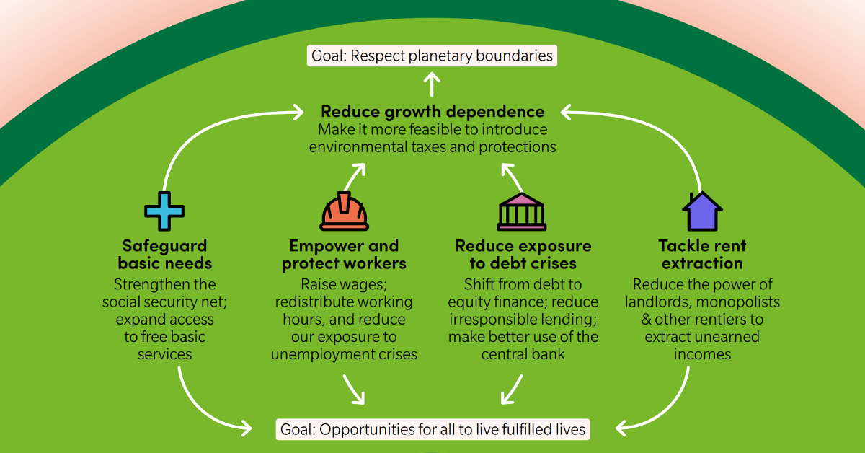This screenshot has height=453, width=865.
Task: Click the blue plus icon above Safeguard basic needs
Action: coord(164,211)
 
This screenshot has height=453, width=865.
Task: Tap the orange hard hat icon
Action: coord(344,211)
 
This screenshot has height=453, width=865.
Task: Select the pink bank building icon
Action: coord(521,211)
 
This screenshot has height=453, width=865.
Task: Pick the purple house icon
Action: coord(702,211)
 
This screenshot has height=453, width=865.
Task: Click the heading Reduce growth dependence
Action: coord(432,112)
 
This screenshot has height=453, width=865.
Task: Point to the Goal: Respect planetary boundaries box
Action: coord(432,55)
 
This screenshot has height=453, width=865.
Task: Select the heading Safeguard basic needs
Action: coord(165,254)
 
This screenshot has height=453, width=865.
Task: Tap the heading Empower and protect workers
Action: coord(344,254)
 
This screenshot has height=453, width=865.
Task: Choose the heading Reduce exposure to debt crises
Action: coord(523,254)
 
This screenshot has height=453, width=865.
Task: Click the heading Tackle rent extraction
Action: coord(702,254)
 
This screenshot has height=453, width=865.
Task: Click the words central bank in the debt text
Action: coord(523,354)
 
